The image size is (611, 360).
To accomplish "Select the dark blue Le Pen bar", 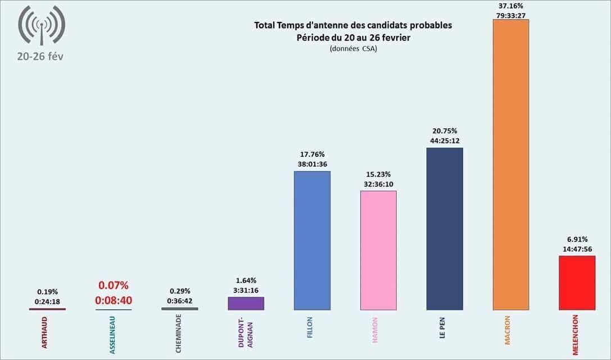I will pyautogui.click(x=445, y=228).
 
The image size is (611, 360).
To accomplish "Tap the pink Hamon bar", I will pyautogui.click(x=378, y=250).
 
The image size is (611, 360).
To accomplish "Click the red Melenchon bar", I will pyautogui.click(x=577, y=282).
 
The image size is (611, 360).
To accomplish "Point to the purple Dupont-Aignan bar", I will pyautogui.click(x=246, y=303).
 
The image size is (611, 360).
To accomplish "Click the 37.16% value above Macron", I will pyautogui.click(x=511, y=6).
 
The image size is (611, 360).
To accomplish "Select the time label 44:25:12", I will pyautogui.click(x=445, y=141).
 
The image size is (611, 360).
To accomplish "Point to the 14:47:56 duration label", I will pyautogui.click(x=577, y=249).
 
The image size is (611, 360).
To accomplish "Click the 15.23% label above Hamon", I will pyautogui.click(x=378, y=174).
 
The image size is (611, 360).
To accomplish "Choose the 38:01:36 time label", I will pyautogui.click(x=312, y=164).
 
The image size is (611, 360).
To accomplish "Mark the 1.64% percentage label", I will pyautogui.click(x=246, y=280).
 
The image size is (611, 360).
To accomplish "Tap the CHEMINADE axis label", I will pyautogui.click(x=179, y=336).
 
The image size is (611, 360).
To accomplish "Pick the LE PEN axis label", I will pyautogui.click(x=443, y=328).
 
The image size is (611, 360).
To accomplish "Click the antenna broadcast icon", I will pyautogui.click(x=42, y=25).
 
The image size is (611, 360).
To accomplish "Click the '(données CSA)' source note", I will pyautogui.click(x=353, y=49).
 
